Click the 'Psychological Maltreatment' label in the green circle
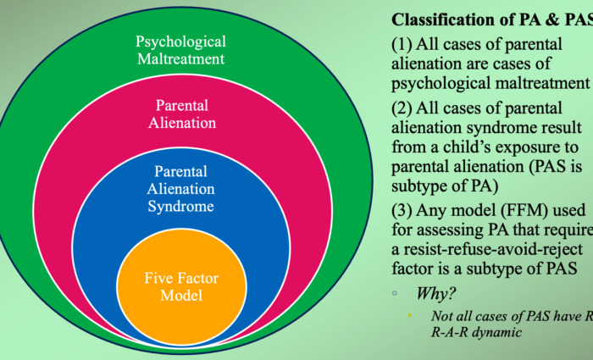[x=180, y=50]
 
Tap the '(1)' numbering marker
[x=402, y=47]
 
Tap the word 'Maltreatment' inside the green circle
[x=180, y=59]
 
